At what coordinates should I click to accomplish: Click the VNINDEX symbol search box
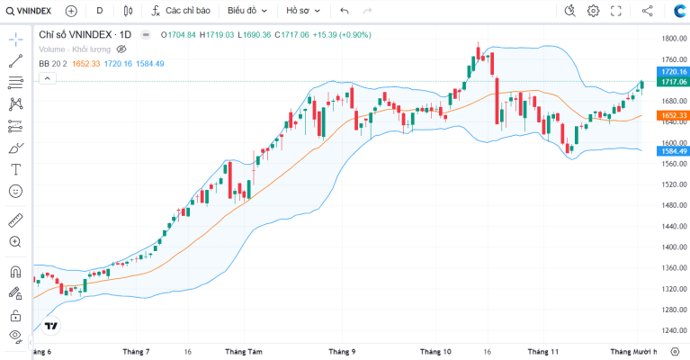point(29,11)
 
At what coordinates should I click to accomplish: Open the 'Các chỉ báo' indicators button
point(181,11)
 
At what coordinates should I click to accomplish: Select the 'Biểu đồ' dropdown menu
point(247,11)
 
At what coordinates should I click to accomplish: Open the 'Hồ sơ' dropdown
point(303,11)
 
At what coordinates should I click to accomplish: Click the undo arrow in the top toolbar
point(345,11)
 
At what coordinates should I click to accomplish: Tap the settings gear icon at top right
point(593,11)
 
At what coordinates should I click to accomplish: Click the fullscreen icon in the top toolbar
point(616,11)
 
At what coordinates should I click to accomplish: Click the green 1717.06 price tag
point(673,82)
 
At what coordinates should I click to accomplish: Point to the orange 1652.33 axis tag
point(673,115)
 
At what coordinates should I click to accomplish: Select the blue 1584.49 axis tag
point(673,151)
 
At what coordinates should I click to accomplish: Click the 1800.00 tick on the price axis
point(674,39)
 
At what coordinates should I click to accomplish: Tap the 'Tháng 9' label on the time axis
point(342,352)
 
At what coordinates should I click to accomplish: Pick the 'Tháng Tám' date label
point(244,352)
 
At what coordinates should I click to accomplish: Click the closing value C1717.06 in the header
point(292,35)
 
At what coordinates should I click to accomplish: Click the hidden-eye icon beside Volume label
point(121,49)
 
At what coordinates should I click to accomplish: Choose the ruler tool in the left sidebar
point(15,220)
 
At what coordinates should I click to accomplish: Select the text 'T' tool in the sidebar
point(15,169)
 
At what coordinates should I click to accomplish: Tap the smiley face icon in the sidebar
point(15,191)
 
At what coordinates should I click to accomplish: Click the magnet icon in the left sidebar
point(15,272)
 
